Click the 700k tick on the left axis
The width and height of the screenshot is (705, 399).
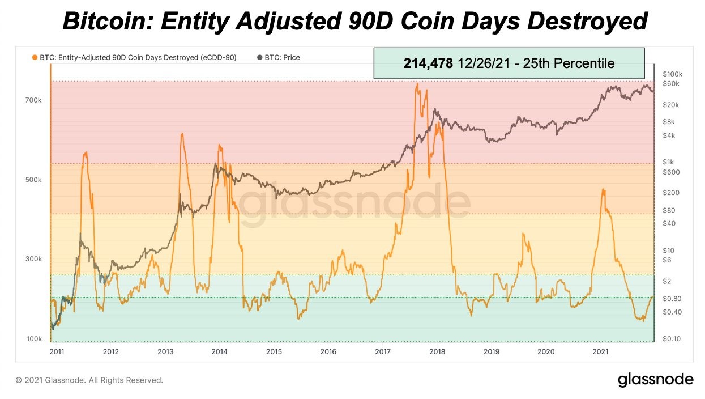tap(33, 100)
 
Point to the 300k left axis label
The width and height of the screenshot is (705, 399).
tap(33, 260)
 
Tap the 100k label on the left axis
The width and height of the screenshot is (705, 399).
tap(33, 339)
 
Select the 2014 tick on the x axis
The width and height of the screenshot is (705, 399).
tap(219, 352)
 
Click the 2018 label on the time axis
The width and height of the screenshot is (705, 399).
tap(437, 352)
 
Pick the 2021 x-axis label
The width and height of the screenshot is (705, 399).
tap(600, 352)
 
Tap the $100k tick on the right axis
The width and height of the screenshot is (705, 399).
tap(672, 74)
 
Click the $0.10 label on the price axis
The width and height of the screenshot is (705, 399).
tap(672, 339)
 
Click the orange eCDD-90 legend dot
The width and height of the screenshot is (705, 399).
tap(35, 57)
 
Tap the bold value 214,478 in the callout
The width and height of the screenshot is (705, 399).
tap(428, 63)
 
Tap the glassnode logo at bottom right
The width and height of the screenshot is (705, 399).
tap(655, 379)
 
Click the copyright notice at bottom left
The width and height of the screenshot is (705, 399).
tap(89, 380)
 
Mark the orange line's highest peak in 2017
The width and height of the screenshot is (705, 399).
tap(417, 84)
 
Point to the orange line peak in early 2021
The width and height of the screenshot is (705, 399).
tap(604, 189)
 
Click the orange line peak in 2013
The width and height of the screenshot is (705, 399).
tap(182, 134)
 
